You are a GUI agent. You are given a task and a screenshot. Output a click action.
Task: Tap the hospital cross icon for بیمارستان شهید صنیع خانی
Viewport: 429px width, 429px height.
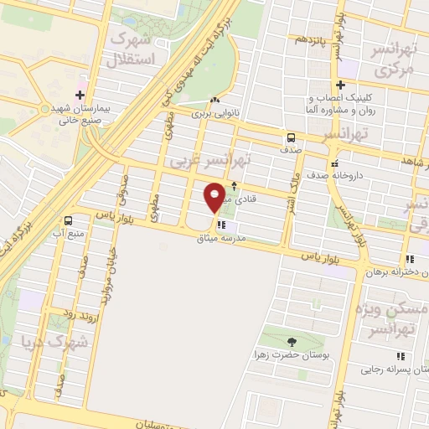80,94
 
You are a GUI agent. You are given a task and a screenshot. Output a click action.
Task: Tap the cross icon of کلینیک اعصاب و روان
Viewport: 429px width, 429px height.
340,85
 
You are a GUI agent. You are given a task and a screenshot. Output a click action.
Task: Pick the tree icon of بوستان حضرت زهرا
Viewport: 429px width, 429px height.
291,342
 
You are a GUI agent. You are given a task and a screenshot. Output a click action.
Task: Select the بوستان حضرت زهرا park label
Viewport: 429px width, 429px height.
290,355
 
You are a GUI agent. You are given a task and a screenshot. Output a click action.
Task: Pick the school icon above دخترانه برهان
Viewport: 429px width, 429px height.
409,259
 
